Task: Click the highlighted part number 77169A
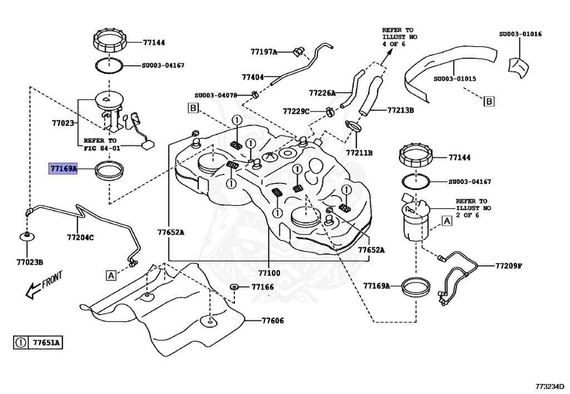point(63,167)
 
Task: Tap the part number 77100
point(269,273)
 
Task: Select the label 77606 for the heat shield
point(273,320)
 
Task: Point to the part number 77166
point(262,287)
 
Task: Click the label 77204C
point(80,237)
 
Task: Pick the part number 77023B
point(30,261)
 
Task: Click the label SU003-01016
point(520,33)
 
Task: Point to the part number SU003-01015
point(455,79)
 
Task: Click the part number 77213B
point(401,110)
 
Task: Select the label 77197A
point(264,52)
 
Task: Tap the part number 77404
point(253,77)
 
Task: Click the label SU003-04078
point(216,95)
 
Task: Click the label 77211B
point(359,152)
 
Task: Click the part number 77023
point(63,123)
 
